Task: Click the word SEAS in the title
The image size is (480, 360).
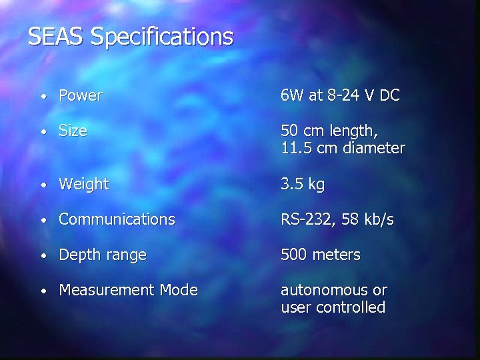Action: [x=56, y=37]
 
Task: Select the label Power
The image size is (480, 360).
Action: [x=80, y=96]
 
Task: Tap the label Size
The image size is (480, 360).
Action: [x=73, y=131]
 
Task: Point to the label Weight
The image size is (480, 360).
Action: [x=83, y=185]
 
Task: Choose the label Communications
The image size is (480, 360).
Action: [x=117, y=219]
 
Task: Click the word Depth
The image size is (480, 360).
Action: [x=78, y=255]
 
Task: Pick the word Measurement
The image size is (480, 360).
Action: [x=106, y=290]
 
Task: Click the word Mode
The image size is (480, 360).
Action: [x=178, y=290]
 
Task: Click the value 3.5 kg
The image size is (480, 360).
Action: [x=302, y=185]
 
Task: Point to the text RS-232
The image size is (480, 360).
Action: [x=307, y=219]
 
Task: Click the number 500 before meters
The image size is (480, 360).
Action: [x=293, y=255]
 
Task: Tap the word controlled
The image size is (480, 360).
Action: [x=350, y=307]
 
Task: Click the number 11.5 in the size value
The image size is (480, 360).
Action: [x=294, y=148]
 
